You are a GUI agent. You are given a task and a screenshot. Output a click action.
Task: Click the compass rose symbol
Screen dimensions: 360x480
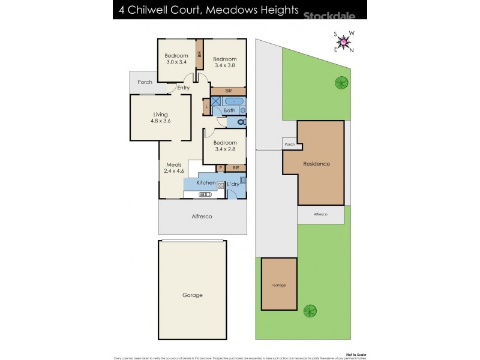[x=344, y=41]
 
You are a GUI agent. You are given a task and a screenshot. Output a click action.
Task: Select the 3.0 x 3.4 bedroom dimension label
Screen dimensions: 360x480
[x=176, y=61]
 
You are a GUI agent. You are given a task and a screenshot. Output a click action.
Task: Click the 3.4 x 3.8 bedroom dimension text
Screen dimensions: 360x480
[x=225, y=65]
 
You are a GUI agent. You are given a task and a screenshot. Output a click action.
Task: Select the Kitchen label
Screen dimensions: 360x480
[x=206, y=182]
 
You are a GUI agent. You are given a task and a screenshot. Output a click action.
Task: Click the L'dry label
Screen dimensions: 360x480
[x=233, y=184]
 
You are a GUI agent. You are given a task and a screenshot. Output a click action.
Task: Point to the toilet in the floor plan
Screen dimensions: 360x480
[x=241, y=122]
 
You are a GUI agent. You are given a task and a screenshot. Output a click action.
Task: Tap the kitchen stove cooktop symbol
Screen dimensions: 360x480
[x=204, y=194]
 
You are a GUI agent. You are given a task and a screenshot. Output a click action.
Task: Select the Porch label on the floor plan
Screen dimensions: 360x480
[x=145, y=82]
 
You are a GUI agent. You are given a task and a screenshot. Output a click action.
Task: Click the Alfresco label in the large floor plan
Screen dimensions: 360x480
[x=202, y=216]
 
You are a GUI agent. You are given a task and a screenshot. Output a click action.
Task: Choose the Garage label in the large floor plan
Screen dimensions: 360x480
[x=193, y=295]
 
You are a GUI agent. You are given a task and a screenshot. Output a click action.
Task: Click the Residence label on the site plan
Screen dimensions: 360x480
[x=316, y=164]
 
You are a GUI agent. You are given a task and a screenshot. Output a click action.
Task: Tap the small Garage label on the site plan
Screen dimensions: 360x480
[x=279, y=286]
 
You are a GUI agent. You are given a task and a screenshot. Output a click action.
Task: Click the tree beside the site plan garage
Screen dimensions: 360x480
[x=310, y=311]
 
